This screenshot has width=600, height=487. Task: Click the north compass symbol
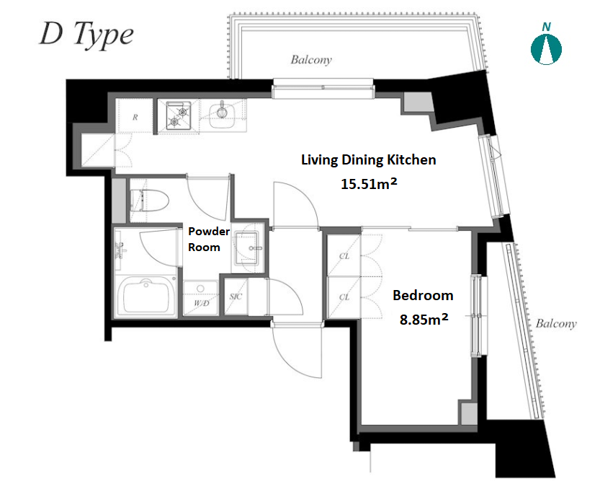point(546,49)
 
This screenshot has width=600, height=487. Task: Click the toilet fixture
point(150,201)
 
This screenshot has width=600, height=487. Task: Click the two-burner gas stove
point(179,115)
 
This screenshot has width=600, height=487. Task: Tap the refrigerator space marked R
point(135,116)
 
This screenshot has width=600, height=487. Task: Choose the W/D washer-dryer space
point(201,298)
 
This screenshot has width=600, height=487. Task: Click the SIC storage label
point(236,297)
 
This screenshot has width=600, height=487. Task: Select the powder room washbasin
point(247,248)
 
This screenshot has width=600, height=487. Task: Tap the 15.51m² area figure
point(369,183)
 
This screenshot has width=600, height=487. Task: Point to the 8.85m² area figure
point(424,318)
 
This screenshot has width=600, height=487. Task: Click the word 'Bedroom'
point(423,295)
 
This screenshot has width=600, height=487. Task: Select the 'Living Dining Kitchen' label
point(369,159)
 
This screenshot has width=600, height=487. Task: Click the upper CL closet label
point(344,256)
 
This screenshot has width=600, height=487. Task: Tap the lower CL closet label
point(344,297)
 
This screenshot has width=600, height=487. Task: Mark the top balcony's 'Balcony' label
point(311,60)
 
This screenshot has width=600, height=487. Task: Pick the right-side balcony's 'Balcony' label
point(556,324)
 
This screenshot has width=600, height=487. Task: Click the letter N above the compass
point(547,27)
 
